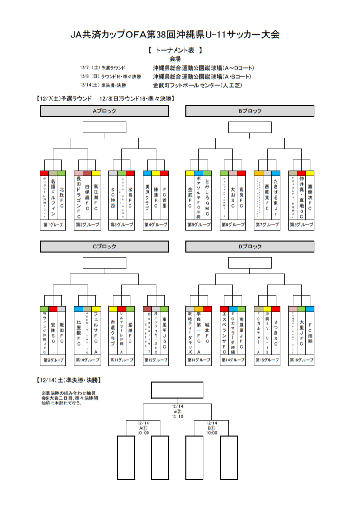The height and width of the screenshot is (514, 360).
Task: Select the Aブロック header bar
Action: click(x=104, y=111)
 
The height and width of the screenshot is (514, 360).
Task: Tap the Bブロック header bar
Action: click(x=249, y=111)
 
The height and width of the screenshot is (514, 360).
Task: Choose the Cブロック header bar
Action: click(x=104, y=247)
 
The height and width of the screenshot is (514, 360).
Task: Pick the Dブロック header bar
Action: click(x=249, y=247)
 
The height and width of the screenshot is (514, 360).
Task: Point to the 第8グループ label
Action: click(x=301, y=224)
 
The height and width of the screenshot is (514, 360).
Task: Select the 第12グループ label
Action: click(x=156, y=360)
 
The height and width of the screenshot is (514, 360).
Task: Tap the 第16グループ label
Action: click(x=301, y=360)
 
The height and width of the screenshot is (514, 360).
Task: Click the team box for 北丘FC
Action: click(x=62, y=194)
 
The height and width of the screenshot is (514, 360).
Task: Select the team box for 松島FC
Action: click(x=130, y=194)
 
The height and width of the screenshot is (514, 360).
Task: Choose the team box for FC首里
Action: click(x=164, y=194)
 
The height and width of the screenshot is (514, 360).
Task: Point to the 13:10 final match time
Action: click(x=177, y=417)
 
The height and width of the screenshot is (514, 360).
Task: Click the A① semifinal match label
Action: click(x=143, y=428)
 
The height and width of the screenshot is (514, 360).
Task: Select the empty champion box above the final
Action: click(x=177, y=389)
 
